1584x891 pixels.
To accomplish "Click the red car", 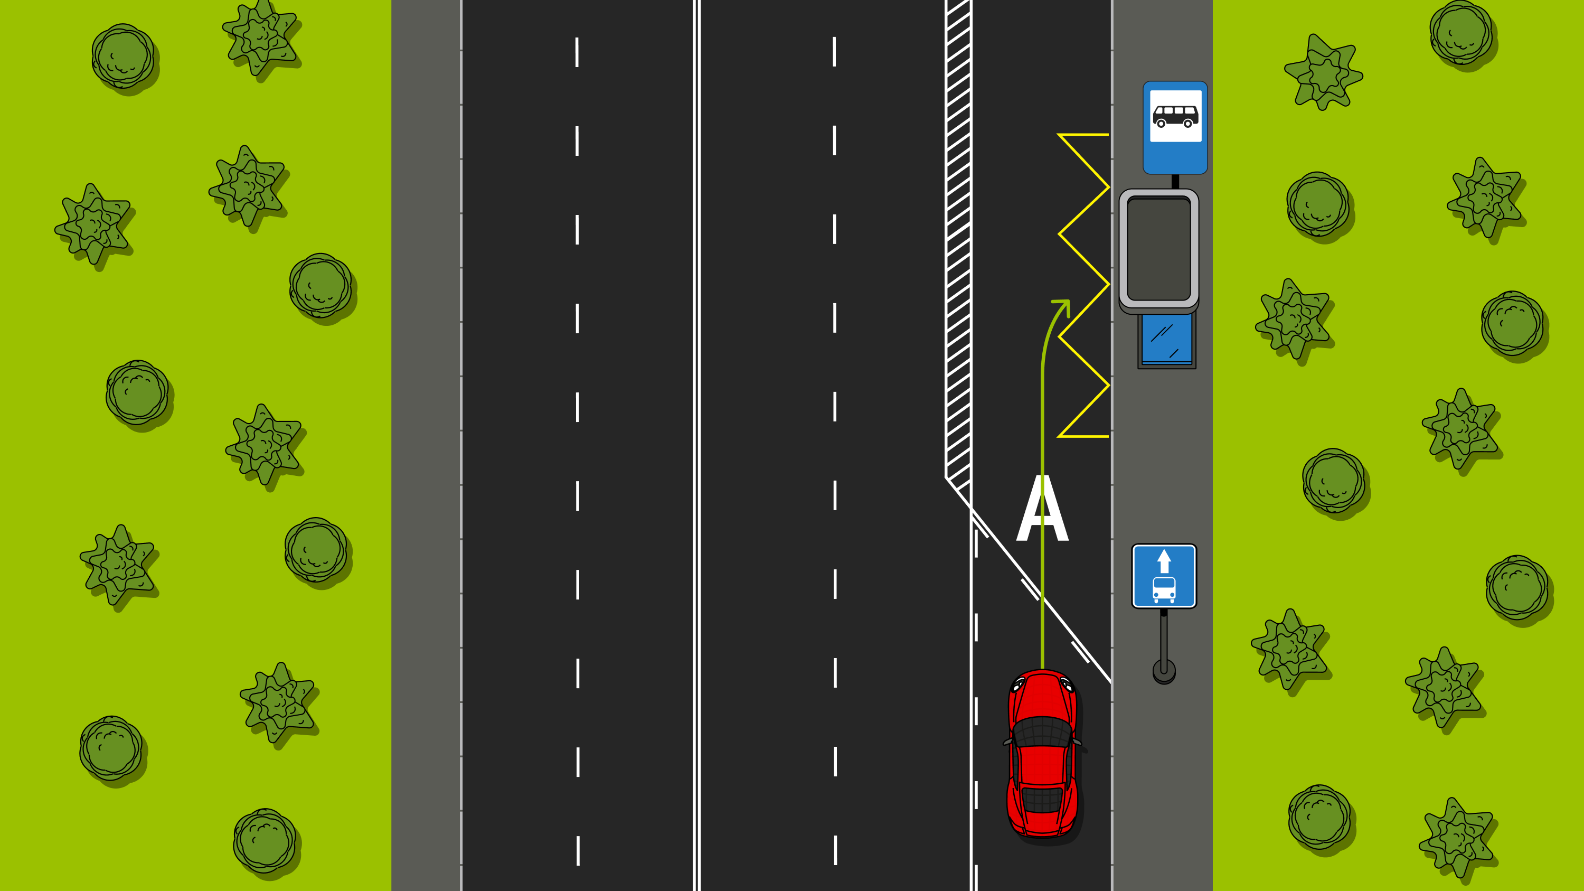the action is click(1043, 753).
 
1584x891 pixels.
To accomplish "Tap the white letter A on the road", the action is click(1042, 508).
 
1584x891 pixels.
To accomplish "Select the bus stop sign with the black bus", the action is click(1175, 127).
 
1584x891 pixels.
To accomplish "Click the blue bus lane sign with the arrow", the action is click(1164, 576).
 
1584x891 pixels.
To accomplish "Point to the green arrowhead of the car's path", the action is click(1062, 306).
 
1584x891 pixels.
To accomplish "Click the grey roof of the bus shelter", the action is click(1158, 250).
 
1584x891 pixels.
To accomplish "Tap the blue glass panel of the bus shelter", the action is click(1166, 339).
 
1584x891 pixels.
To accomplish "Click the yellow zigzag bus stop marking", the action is click(1083, 285).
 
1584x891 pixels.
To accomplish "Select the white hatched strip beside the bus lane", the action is click(958, 246).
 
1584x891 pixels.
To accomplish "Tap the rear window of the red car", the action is click(1042, 800).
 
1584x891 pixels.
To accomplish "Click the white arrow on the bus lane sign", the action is click(1164, 561).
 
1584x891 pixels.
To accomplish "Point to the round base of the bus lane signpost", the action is click(1164, 671).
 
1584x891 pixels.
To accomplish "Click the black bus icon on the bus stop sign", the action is click(1175, 116).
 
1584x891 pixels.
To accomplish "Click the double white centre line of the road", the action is click(696, 445).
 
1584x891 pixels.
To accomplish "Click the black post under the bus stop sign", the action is click(1175, 181).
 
